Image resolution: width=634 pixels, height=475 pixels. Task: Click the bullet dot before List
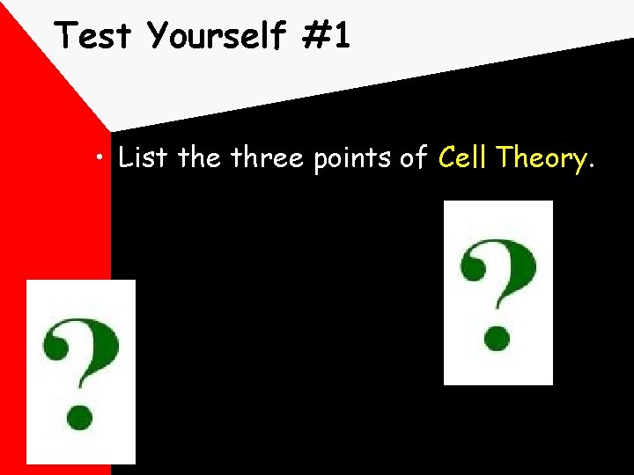(104, 159)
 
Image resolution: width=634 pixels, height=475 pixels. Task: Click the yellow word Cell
(464, 158)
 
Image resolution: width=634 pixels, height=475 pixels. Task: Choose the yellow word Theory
(541, 160)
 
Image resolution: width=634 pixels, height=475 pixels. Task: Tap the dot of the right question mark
(498, 338)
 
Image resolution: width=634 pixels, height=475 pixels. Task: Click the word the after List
(200, 158)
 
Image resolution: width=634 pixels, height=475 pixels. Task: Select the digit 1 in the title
(342, 36)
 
